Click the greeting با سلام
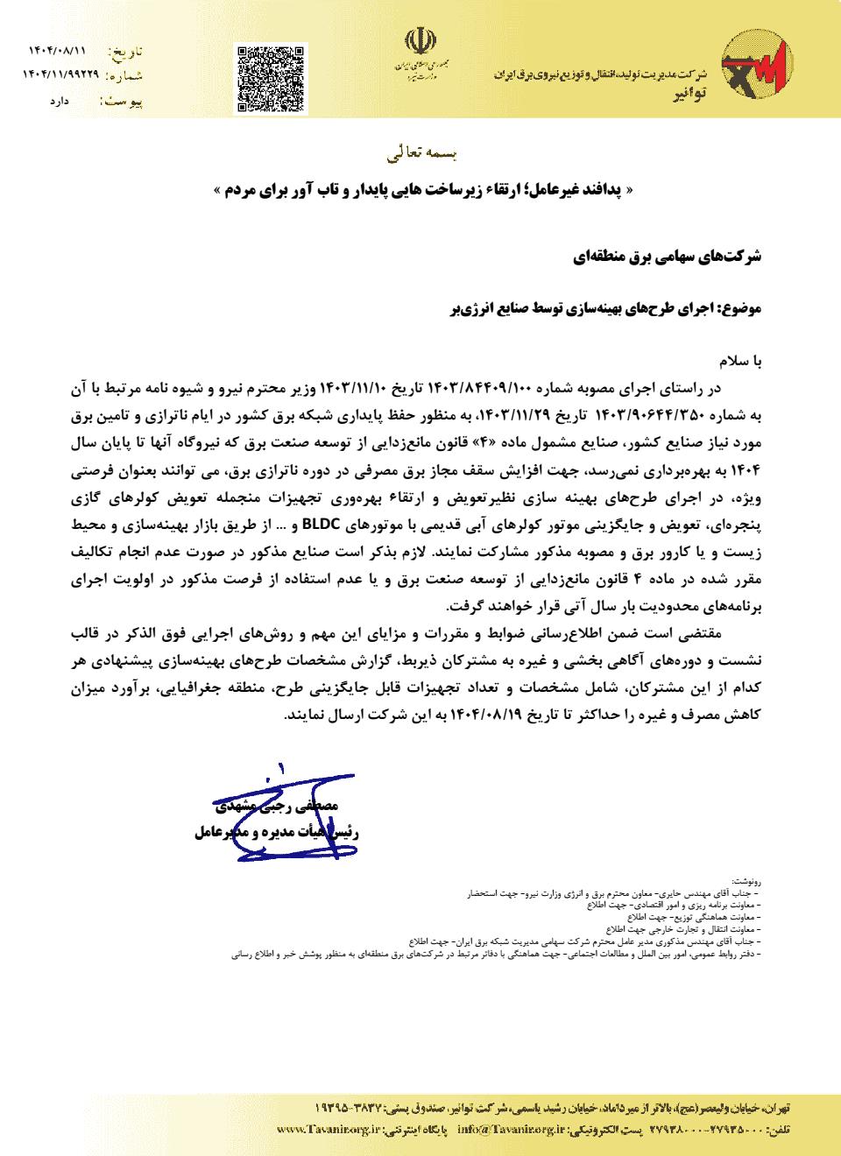point(742,361)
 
